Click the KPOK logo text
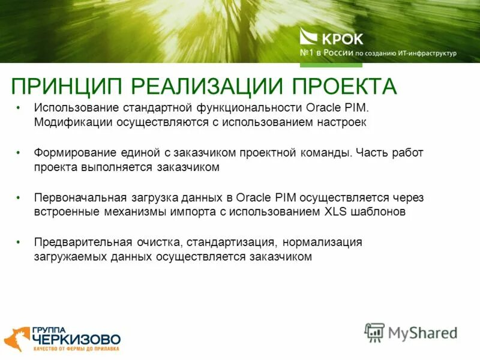pyautogui.click(x=344, y=38)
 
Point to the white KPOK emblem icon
pyautogui.click(x=310, y=38)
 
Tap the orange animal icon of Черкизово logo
pyautogui.click(x=16, y=339)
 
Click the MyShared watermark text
pyautogui.click(x=422, y=332)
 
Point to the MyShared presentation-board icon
pyautogui.click(x=374, y=332)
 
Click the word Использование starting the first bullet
pyautogui.click(x=71, y=108)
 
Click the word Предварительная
pyautogui.click(x=83, y=242)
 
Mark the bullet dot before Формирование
pyautogui.click(x=19, y=153)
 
